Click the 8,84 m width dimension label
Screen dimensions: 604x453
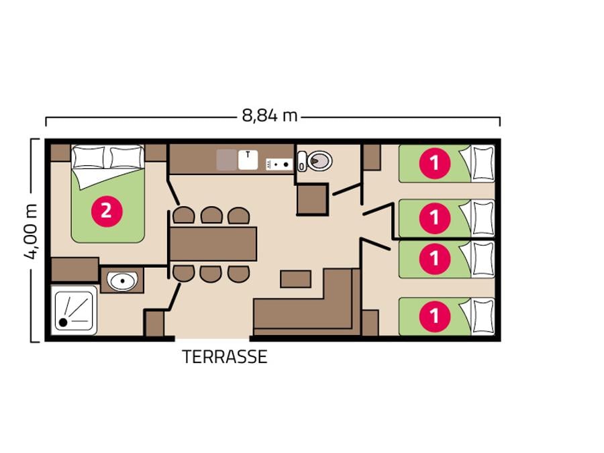270,115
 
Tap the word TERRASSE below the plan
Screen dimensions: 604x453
225,357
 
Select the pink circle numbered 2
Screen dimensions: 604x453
107,211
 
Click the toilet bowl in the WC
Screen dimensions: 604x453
319,160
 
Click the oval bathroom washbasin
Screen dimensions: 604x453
122,281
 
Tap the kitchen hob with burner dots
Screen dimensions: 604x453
279,164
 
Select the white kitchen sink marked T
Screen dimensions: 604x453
248,160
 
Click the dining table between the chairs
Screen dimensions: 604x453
213,244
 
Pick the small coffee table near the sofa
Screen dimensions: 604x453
295,279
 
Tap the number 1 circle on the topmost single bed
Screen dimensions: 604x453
434,163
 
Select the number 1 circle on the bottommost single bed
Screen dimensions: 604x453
434,316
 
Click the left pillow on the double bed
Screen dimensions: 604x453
89,157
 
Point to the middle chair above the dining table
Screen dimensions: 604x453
211,215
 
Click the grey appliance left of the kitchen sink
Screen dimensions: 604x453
227,160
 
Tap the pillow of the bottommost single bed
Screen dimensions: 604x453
483,316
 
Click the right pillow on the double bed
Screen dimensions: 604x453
126,157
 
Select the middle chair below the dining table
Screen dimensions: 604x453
211,274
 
